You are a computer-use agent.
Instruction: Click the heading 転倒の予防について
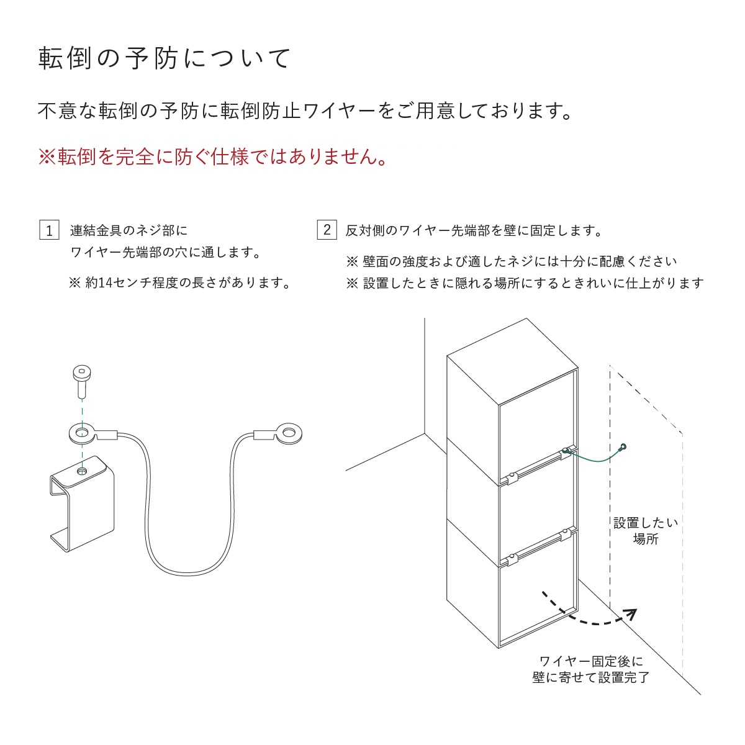point(165,58)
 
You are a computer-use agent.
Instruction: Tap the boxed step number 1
point(49,230)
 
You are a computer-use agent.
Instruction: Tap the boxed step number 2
point(327,230)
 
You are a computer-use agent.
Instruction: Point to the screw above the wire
point(81,380)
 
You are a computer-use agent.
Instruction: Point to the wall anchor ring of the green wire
point(623,447)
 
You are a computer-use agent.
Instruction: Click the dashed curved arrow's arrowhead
point(631,614)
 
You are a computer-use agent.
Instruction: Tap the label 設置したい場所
point(645,531)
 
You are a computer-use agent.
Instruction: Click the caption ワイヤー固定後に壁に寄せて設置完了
point(590,669)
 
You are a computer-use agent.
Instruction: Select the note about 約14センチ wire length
point(180,283)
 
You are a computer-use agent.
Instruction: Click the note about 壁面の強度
point(512,261)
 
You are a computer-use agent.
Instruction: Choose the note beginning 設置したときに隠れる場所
point(525,283)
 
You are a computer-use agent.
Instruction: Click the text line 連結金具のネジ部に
point(129,231)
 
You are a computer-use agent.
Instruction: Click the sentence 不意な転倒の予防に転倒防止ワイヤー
point(304,112)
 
